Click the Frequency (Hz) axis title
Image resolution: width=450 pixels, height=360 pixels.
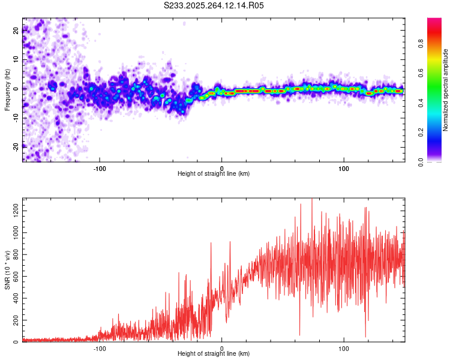point(7,89)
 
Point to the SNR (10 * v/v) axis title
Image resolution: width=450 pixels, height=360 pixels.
point(7,269)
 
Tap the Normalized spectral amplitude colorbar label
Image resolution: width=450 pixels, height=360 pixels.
point(446,90)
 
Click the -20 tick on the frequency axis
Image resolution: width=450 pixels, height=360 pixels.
point(15,146)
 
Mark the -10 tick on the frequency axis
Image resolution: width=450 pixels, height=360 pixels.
point(15,117)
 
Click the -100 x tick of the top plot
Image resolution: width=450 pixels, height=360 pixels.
point(100,167)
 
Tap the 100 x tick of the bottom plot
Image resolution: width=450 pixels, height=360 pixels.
point(344,347)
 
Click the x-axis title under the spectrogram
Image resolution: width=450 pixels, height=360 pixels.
point(214,174)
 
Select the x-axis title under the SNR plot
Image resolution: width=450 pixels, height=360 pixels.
point(214,354)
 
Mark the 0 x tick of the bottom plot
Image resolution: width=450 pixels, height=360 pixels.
point(222,347)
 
